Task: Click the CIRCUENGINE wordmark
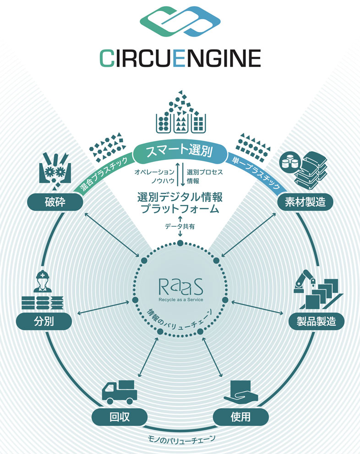[180, 59]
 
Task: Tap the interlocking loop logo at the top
[180, 22]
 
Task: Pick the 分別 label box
[44, 321]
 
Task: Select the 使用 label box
[240, 417]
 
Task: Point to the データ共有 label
[180, 227]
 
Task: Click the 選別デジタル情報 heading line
[180, 198]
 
